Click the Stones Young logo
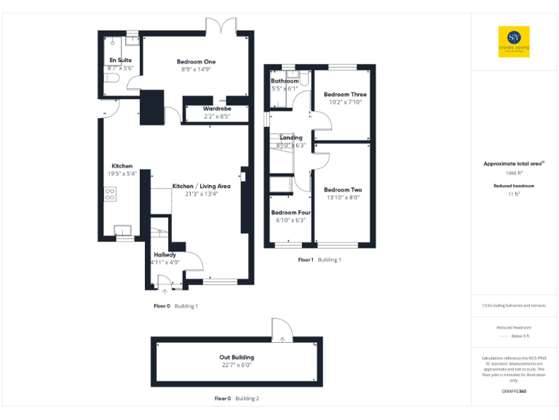(514, 42)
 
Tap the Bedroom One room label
(196, 62)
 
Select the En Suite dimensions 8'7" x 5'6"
(121, 67)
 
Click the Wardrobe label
(217, 108)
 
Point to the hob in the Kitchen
(111, 194)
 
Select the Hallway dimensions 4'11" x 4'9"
(165, 262)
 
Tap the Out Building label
(237, 357)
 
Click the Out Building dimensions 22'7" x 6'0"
(237, 365)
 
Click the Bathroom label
(285, 81)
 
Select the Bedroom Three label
(345, 95)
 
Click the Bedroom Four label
(291, 212)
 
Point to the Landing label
(291, 137)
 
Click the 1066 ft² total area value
(514, 174)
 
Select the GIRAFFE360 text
(514, 392)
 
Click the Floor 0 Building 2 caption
(237, 399)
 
